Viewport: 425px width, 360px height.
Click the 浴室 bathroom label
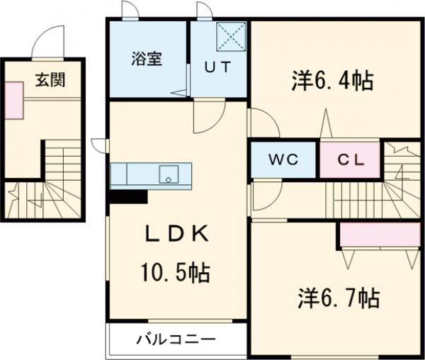tap(147, 59)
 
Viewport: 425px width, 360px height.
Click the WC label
tap(281, 159)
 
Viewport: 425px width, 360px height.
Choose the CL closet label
tap(350, 159)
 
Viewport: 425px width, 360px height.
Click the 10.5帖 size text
tap(177, 272)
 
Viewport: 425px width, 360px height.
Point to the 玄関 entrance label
tap(50, 79)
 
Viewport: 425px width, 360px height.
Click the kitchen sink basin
tap(169, 174)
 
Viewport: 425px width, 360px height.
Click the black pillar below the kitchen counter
tap(128, 196)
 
